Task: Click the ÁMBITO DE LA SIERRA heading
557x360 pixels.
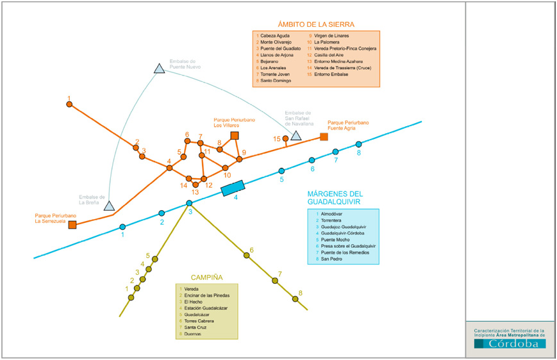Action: [x=316, y=24]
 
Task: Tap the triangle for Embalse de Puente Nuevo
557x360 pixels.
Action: [x=160, y=69]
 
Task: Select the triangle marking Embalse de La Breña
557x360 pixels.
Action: [x=109, y=206]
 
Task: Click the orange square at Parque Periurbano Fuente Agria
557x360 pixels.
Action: [x=324, y=136]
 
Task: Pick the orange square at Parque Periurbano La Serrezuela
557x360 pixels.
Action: [x=72, y=225]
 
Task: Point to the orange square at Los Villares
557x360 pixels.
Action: [x=235, y=136]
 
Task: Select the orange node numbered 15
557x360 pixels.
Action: [x=286, y=138]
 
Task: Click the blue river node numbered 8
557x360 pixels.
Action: [x=359, y=144]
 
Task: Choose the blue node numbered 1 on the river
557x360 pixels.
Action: [x=122, y=226]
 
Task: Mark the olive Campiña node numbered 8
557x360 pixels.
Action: [x=295, y=299]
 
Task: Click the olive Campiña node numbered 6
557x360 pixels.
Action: [x=246, y=256]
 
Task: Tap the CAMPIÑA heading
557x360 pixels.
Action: [x=206, y=278]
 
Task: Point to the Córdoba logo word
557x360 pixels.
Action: [x=510, y=343]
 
